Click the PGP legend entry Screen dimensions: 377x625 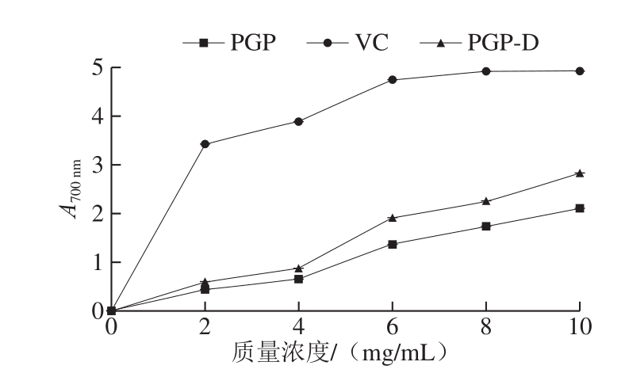[x=230, y=42]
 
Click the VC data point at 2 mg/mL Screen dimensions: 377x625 [x=205, y=144]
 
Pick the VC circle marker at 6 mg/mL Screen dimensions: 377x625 [x=392, y=80]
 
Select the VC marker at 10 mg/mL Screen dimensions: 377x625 [x=580, y=71]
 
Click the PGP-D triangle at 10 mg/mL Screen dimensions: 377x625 [x=580, y=173]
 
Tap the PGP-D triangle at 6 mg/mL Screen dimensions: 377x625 [x=392, y=217]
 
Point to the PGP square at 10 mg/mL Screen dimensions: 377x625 [x=580, y=208]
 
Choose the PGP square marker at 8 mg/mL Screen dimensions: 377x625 [x=485, y=227]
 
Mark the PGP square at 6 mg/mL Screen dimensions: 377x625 [x=392, y=244]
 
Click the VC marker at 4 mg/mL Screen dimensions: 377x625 [x=298, y=122]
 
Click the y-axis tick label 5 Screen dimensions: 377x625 [x=96, y=67]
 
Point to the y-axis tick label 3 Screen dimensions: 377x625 [x=96, y=165]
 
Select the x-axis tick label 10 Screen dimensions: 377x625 [x=579, y=326]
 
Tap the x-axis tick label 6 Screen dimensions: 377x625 [x=392, y=326]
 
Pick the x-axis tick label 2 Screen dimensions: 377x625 [x=205, y=326]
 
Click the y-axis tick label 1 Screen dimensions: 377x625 [x=96, y=262]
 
